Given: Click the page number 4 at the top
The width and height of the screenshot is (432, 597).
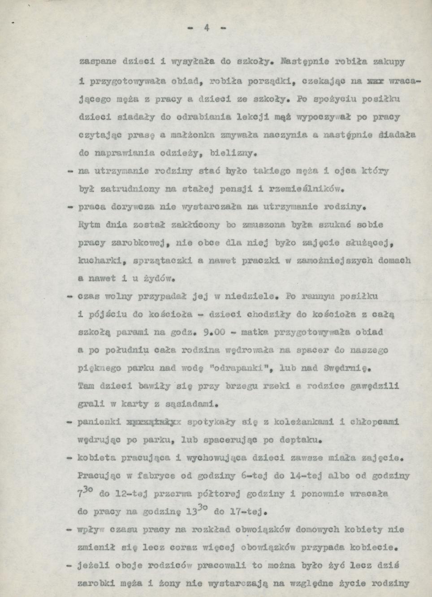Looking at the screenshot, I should [x=207, y=28].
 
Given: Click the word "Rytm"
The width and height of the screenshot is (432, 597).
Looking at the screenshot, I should [x=88, y=225].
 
